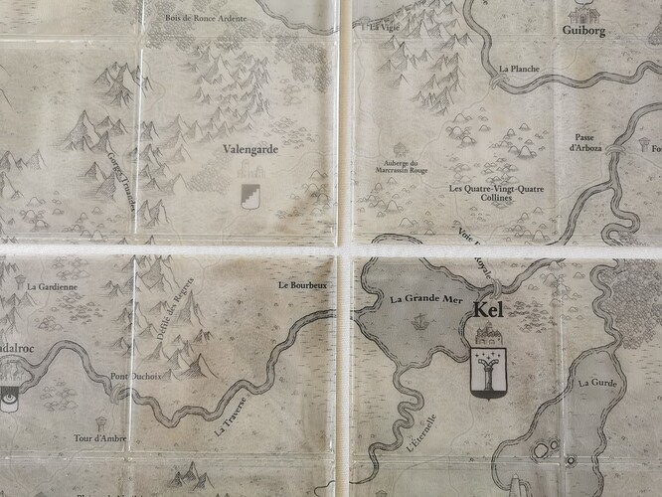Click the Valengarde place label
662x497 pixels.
pos(249,150)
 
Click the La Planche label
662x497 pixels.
pos(519,70)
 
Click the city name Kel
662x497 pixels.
pos(489,310)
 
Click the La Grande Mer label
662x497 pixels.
pos(425,297)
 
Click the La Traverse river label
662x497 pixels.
pos(234,418)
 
